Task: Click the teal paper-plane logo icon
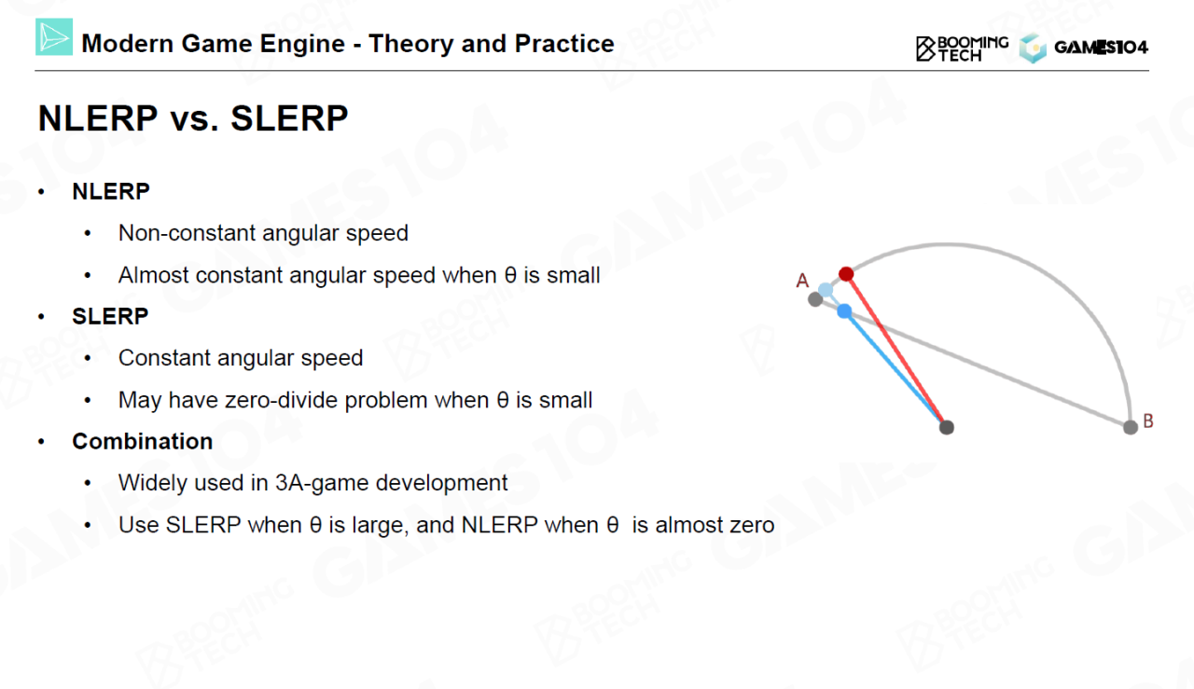[54, 36]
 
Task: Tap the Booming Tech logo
[962, 48]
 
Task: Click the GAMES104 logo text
[1102, 48]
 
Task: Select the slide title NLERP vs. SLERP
[193, 117]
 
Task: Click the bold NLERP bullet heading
[111, 191]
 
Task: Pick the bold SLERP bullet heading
[110, 316]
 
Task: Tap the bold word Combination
[143, 441]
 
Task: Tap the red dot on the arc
[846, 274]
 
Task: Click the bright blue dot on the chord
[844, 311]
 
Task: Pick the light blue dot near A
[826, 290]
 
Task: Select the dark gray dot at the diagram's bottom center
[947, 427]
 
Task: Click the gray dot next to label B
[1131, 427]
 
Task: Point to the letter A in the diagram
[802, 281]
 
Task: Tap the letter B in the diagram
[1148, 421]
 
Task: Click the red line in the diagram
[896, 351]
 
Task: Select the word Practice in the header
[564, 44]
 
